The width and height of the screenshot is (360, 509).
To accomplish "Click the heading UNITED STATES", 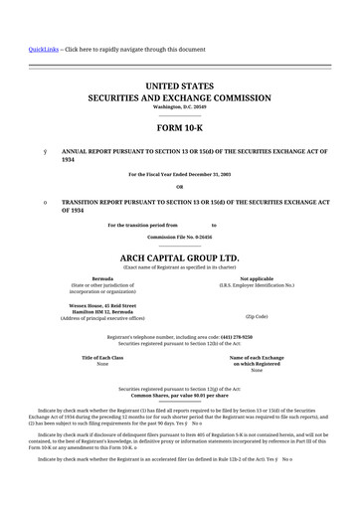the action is click(180, 87).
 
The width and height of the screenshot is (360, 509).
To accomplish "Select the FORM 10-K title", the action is click(180, 129).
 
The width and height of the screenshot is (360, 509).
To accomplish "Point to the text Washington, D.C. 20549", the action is click(180, 107).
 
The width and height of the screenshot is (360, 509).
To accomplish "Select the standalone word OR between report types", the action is click(180, 187).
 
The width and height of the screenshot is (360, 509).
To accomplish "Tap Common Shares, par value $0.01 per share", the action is click(180, 395).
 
